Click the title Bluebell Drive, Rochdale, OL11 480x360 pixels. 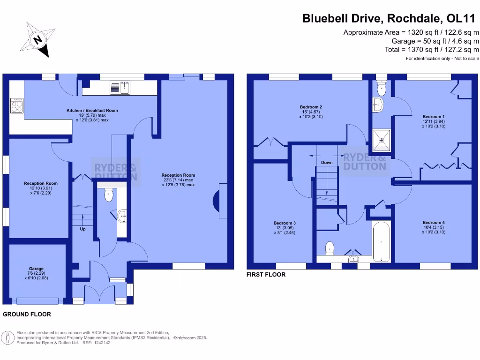(389, 18)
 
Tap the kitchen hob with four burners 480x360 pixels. (17, 105)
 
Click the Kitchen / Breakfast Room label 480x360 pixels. (92, 111)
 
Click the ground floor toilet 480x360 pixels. (108, 195)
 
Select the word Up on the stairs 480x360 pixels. (82, 229)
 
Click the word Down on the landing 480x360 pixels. (327, 163)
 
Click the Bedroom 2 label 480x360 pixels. (311, 107)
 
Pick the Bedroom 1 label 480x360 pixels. (433, 117)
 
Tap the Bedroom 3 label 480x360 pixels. (285, 223)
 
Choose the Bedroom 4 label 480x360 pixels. (433, 223)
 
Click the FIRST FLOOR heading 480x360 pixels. (266, 275)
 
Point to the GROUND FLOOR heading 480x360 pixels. (27, 314)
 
